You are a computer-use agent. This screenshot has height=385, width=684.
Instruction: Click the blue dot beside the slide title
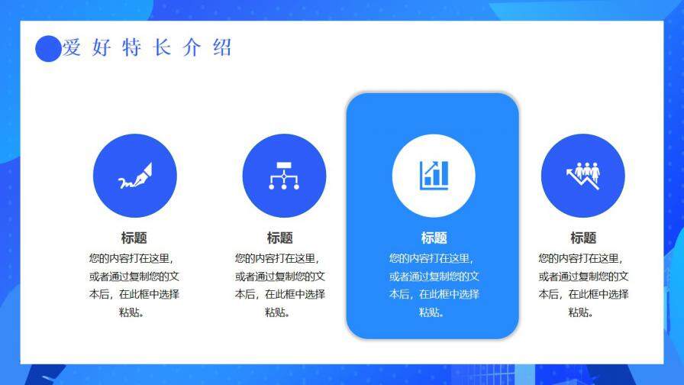click(48, 49)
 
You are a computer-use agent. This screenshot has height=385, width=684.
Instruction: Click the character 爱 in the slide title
click(72, 48)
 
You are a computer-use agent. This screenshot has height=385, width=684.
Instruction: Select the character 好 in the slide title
click(101, 48)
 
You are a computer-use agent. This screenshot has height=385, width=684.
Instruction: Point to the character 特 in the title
click(131, 48)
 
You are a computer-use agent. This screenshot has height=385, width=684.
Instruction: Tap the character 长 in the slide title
click(161, 48)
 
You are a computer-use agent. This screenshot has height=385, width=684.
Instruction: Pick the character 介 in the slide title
click(192, 48)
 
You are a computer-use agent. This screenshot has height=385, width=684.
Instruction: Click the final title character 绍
click(221, 48)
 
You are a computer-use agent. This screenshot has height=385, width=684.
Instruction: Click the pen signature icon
click(134, 176)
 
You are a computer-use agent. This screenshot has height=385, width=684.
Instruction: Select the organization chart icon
click(284, 176)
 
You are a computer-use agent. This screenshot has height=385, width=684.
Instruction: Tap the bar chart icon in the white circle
click(434, 176)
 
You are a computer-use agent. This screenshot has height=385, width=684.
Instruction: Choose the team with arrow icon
click(582, 176)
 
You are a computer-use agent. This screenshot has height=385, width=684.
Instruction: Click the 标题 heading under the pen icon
click(134, 238)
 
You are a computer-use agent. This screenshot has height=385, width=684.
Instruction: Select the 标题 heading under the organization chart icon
click(279, 238)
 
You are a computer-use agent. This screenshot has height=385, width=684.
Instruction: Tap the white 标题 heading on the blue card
click(434, 238)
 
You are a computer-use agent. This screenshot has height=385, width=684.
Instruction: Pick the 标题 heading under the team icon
click(583, 238)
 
